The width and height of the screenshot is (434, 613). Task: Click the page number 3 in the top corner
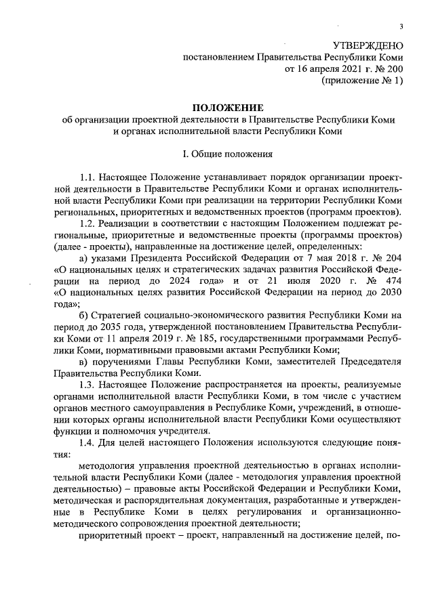pos(401,26)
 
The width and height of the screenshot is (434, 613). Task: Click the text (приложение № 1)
pos(361,81)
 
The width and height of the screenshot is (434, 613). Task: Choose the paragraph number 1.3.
pos(89,386)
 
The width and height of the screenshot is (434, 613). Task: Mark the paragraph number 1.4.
pos(89,443)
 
